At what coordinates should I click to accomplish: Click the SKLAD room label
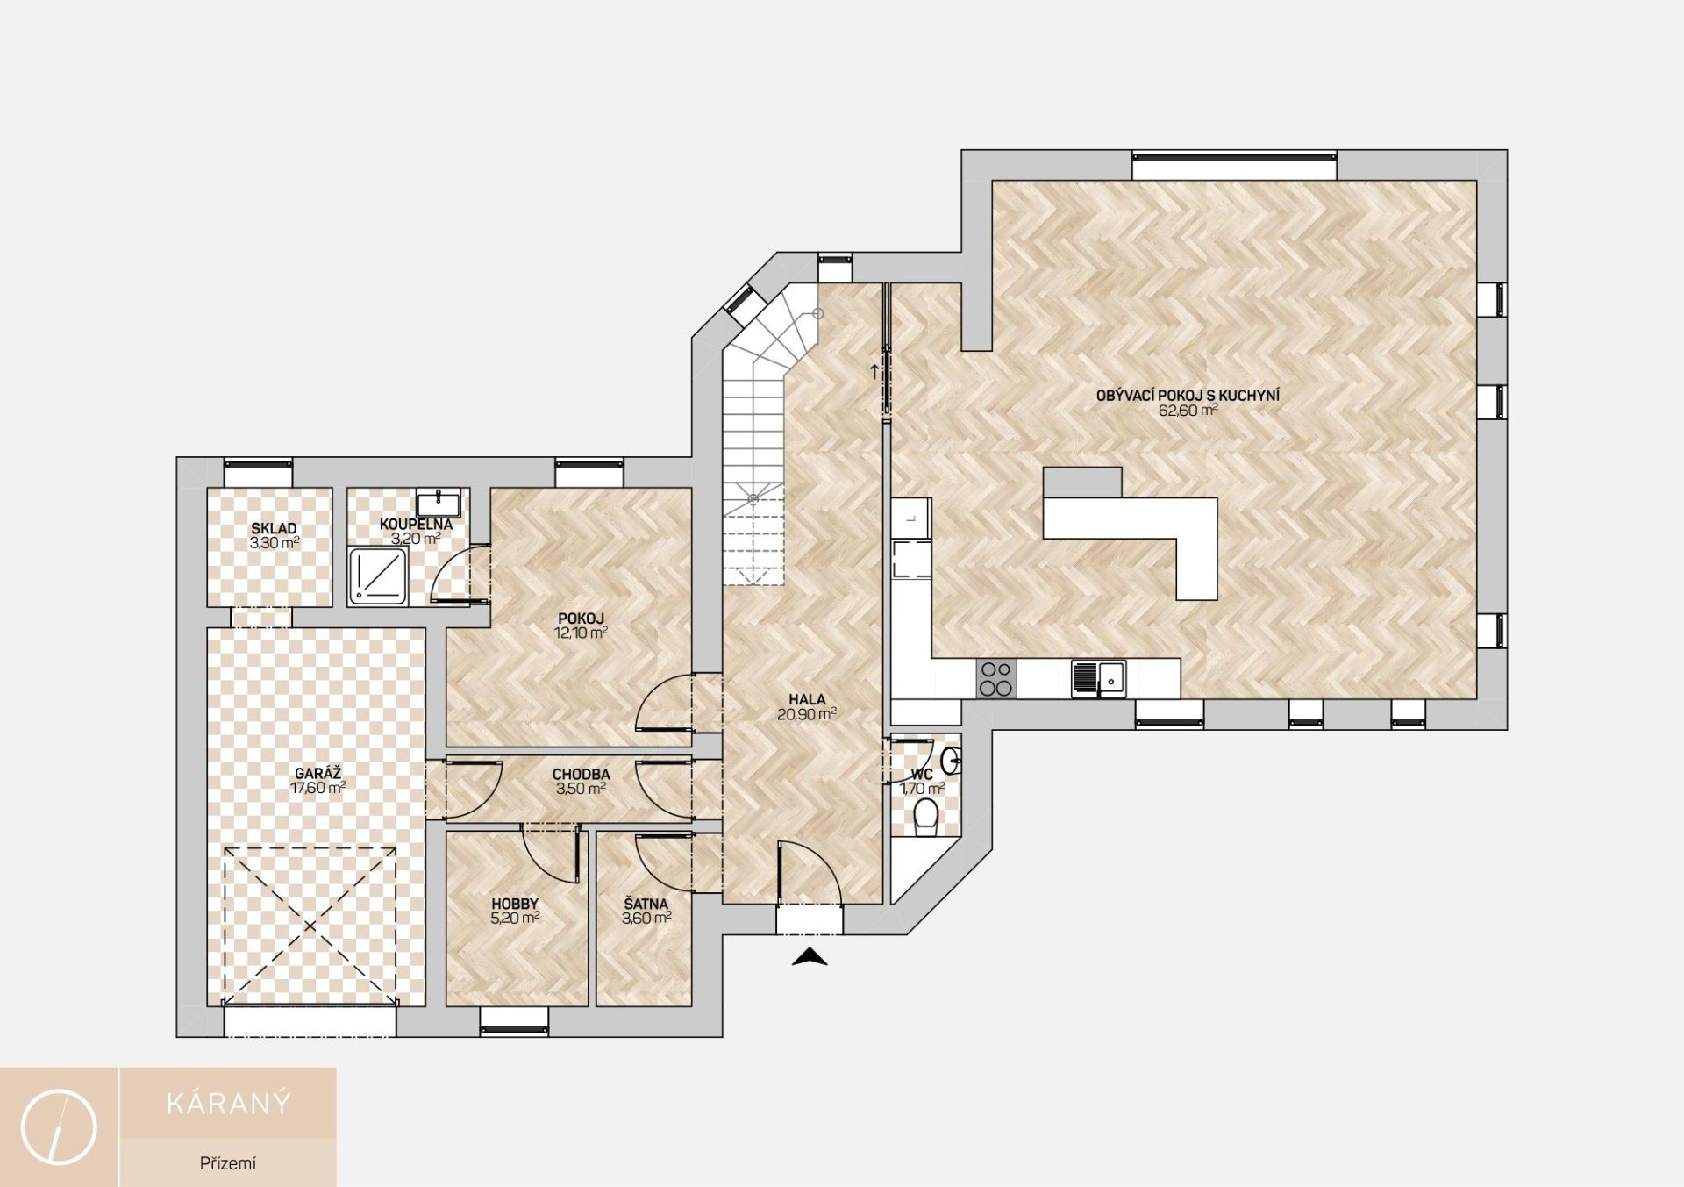coord(274,529)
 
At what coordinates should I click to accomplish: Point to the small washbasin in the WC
coord(952,761)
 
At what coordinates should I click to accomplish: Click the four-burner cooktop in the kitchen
coord(995,679)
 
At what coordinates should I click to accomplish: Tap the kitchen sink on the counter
coord(1100,678)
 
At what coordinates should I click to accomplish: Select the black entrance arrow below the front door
coord(810,958)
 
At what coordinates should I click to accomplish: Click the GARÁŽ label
coord(318,774)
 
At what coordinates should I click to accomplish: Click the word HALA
coord(807,700)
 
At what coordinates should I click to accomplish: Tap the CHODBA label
coord(581,775)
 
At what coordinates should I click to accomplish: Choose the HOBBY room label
coord(515,905)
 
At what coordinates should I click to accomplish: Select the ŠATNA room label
coord(646,904)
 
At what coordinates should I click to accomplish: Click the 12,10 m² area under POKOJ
coord(581,632)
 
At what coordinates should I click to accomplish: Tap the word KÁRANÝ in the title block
coord(228,1103)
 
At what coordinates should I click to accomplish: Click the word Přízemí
coord(228,1164)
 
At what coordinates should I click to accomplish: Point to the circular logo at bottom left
coord(59,1127)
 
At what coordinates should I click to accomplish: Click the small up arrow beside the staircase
coord(874,370)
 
